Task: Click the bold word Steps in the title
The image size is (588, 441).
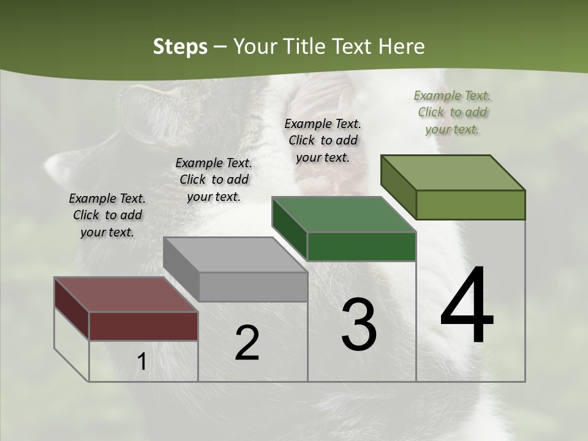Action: [x=180, y=47]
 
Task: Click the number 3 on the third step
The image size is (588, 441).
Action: [x=359, y=325]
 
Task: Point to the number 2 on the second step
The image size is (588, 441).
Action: [x=247, y=343]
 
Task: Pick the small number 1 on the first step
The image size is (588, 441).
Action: [x=141, y=361]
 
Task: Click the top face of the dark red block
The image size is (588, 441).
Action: [x=126, y=295]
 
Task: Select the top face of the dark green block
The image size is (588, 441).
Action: [x=344, y=214]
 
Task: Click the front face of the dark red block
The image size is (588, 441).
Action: [x=143, y=326]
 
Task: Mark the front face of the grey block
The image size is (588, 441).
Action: [x=253, y=287]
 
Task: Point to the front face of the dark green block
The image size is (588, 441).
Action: [x=361, y=247]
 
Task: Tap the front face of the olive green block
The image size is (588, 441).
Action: [x=470, y=205]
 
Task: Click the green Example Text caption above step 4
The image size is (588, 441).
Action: [x=452, y=112]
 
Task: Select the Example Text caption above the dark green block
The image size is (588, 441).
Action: [x=323, y=140]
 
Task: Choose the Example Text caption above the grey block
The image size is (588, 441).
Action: [x=214, y=179]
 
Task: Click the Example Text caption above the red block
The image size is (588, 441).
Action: [x=107, y=215]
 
